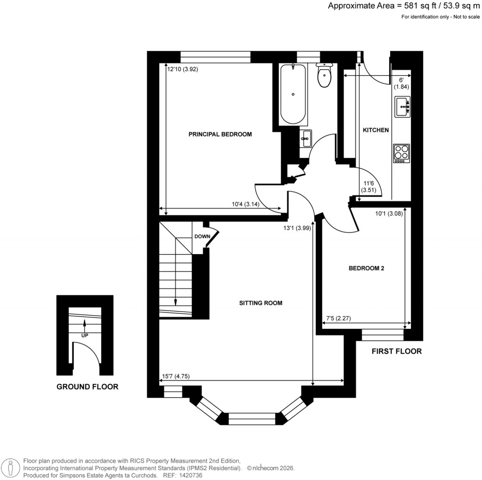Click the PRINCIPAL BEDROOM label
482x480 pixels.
(220, 134)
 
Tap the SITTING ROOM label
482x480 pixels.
(260, 303)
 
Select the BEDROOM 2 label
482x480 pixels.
(367, 268)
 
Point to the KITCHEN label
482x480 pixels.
(375, 130)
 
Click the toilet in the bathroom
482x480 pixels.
(324, 77)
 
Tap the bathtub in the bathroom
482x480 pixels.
(293, 94)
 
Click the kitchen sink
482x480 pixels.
(402, 107)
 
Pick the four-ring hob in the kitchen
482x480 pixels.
(402, 153)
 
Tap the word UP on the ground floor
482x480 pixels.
(85, 336)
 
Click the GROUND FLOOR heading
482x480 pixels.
(87, 387)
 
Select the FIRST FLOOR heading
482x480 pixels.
(396, 351)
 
